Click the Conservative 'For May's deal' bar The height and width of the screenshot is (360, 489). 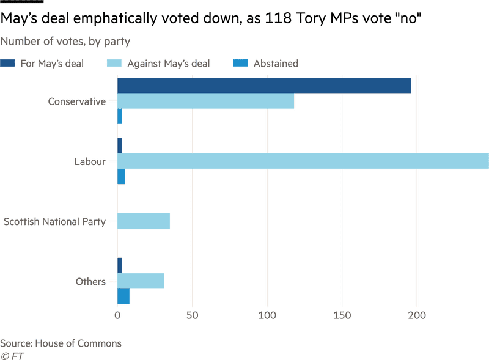click(x=264, y=86)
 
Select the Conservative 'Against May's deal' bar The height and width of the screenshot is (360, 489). click(x=205, y=101)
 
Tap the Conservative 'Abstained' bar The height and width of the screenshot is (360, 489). click(x=120, y=117)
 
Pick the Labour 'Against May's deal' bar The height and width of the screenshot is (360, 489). click(x=303, y=161)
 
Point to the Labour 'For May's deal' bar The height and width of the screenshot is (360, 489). click(x=120, y=145)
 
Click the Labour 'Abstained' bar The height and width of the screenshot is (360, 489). click(x=121, y=176)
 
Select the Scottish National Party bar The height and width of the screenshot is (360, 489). click(x=143, y=221)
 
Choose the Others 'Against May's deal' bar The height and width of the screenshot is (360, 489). click(x=141, y=281)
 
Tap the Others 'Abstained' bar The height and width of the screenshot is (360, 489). click(x=123, y=296)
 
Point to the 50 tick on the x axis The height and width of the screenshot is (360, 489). click(x=192, y=316)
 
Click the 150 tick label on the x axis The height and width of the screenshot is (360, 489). click(x=342, y=316)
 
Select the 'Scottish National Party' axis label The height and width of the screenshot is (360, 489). click(x=55, y=221)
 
